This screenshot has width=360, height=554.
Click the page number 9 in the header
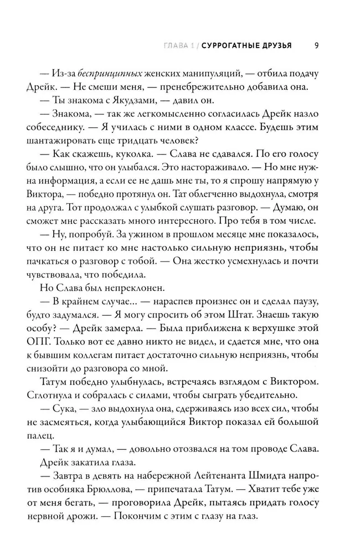pyautogui.click(x=315, y=45)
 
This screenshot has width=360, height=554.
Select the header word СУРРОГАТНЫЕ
pyautogui.click(x=230, y=45)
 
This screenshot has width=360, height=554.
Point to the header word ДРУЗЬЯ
pyautogui.click(x=276, y=45)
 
